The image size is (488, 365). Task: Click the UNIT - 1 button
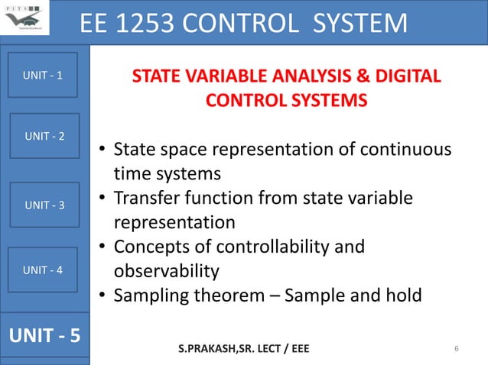point(44,76)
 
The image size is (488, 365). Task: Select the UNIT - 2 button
point(44,136)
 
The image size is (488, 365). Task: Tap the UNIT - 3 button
point(44,205)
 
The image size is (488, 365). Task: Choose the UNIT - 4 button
point(44,270)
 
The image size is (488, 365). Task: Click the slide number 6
point(456,350)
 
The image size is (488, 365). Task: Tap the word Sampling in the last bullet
point(148,296)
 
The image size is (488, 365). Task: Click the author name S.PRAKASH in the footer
point(211,350)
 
